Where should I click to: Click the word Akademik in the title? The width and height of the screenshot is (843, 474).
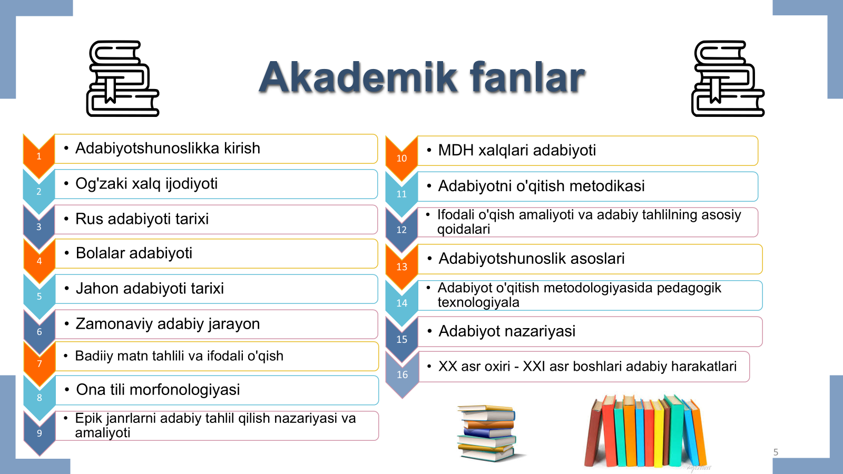[x=358, y=77]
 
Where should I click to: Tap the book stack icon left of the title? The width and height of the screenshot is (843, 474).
[x=123, y=78]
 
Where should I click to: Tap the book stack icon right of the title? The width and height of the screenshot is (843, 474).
[x=728, y=78]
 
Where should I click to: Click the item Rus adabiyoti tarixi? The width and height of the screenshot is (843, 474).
[x=142, y=219]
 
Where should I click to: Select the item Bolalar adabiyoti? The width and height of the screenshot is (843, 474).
[x=134, y=253]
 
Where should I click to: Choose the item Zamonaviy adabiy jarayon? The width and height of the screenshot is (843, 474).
[x=168, y=324]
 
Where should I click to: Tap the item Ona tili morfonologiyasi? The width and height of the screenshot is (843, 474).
[x=158, y=390]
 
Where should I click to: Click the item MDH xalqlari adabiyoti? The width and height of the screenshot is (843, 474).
[x=517, y=150]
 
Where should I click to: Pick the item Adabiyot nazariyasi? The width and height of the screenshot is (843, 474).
[x=507, y=331]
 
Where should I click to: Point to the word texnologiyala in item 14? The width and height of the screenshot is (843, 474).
[x=478, y=302]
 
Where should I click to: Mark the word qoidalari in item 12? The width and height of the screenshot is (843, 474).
[x=464, y=229]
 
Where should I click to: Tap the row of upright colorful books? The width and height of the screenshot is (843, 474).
[x=645, y=431]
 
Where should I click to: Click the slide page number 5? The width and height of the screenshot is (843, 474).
[x=776, y=452]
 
